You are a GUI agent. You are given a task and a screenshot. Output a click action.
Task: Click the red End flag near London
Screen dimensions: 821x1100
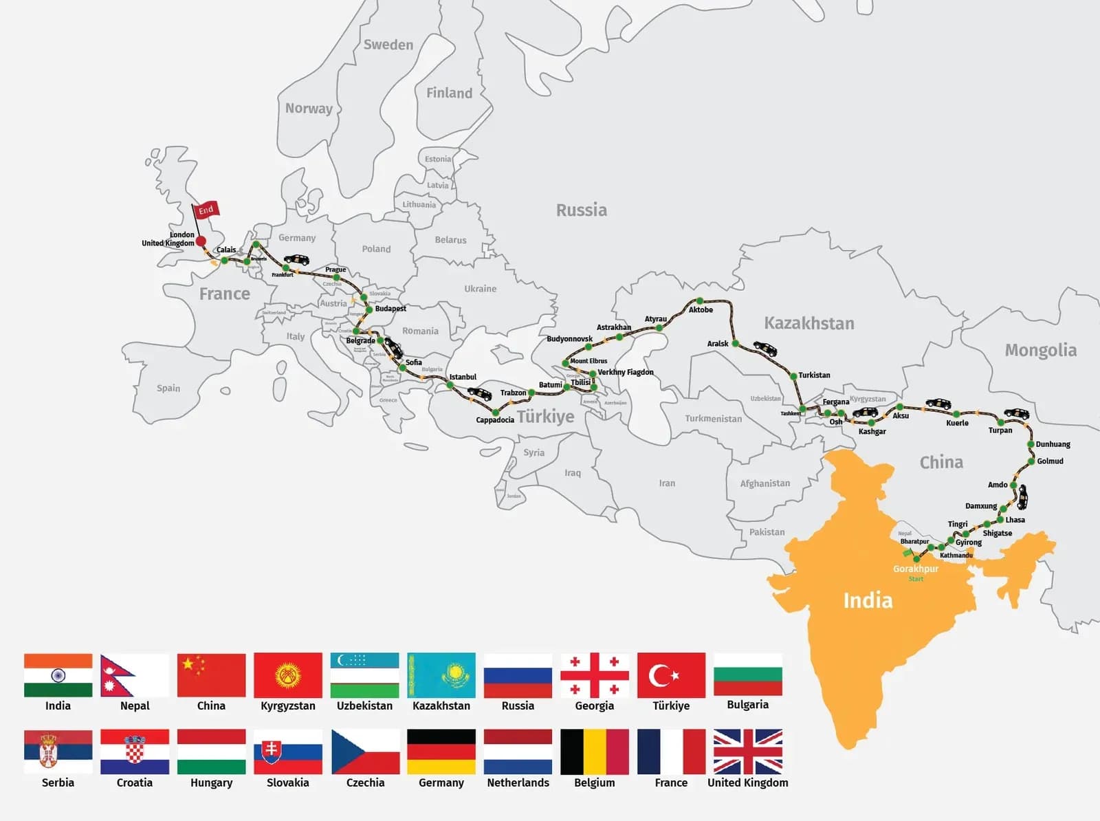(x=206, y=210)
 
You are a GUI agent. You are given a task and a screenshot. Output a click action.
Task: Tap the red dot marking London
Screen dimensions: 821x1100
(x=201, y=241)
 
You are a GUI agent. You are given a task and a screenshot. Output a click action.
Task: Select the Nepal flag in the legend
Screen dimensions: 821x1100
(x=134, y=675)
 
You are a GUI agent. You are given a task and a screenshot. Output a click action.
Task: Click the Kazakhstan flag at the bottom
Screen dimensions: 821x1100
(x=441, y=675)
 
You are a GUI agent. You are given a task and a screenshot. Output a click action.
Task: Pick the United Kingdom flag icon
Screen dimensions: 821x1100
(x=747, y=752)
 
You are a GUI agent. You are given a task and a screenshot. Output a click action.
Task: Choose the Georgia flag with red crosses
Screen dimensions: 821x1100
(x=595, y=675)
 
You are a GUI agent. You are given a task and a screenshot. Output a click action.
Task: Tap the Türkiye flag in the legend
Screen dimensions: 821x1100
(x=671, y=675)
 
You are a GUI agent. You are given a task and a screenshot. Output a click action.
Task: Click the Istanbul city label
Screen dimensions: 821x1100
(x=463, y=377)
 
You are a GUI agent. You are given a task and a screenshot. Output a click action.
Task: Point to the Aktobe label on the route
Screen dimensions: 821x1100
(x=701, y=310)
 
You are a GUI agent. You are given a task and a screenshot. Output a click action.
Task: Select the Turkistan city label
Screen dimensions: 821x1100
(x=814, y=375)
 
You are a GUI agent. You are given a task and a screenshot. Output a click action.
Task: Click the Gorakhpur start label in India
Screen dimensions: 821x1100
(x=915, y=569)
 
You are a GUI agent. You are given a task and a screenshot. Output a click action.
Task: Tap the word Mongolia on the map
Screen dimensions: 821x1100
(x=1040, y=351)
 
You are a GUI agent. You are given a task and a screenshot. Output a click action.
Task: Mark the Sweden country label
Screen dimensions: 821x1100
(x=388, y=45)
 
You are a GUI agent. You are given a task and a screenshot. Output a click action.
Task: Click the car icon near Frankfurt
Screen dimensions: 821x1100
(x=297, y=260)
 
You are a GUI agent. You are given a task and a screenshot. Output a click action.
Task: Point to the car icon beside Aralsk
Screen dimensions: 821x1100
(x=765, y=349)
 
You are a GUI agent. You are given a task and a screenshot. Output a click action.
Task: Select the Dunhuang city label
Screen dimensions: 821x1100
(x=1053, y=444)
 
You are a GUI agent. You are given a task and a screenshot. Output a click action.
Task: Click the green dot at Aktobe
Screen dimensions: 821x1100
(x=699, y=301)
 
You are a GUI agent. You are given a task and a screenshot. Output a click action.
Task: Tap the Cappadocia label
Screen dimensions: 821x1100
(x=495, y=420)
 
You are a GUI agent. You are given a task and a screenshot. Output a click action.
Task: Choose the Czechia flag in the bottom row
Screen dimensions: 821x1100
(x=365, y=752)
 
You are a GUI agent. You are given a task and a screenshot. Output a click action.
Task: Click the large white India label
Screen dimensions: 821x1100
(x=868, y=600)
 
